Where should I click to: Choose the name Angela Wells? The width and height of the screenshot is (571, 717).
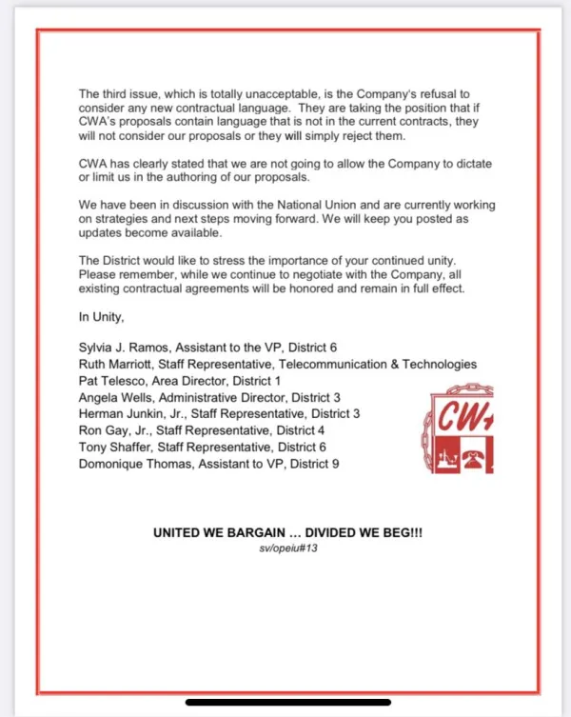[116, 397]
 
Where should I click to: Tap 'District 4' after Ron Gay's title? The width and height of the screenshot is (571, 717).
[299, 430]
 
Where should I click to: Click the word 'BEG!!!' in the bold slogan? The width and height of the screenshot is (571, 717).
[400, 533]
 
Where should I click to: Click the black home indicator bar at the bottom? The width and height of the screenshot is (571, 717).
[285, 703]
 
